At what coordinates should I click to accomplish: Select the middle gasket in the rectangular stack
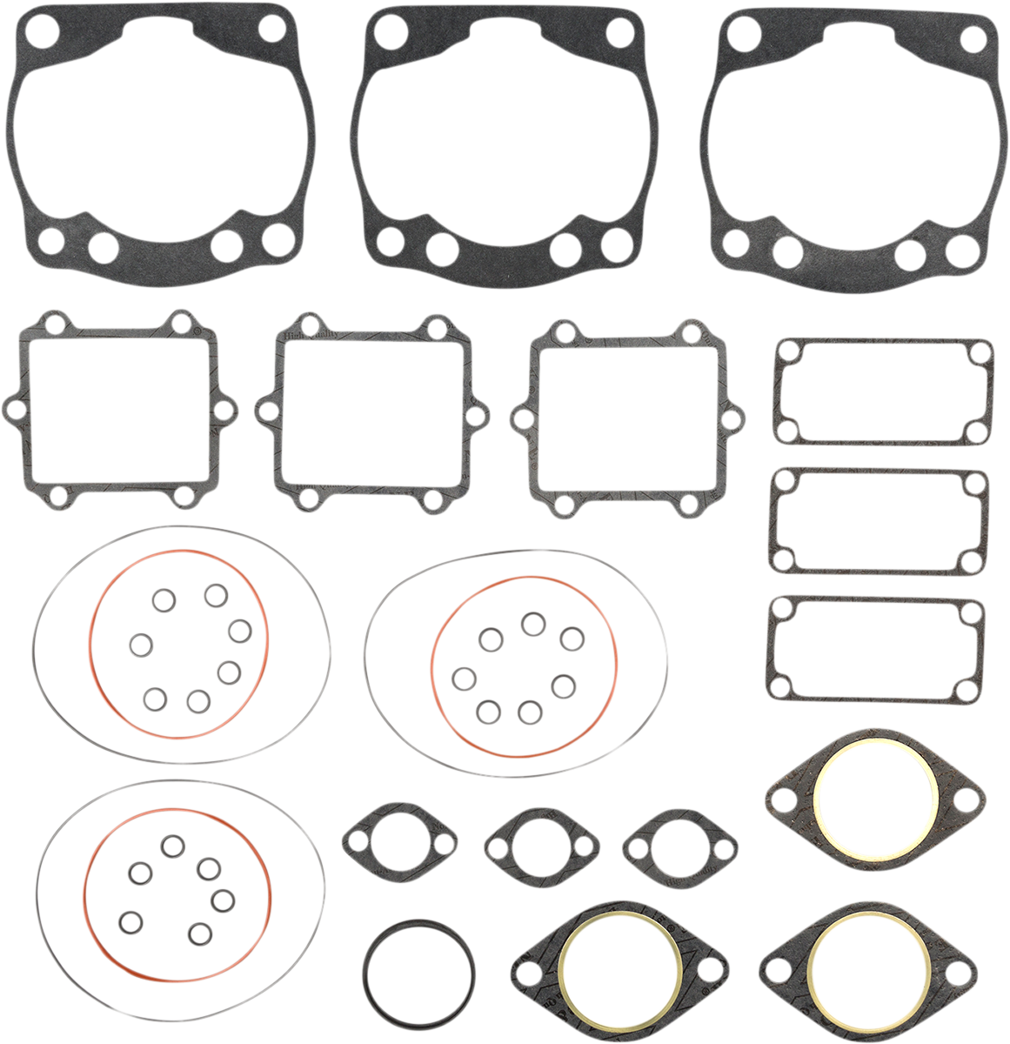880,476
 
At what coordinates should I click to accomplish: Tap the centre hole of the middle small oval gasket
541,842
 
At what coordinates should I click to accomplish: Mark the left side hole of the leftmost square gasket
14,408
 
